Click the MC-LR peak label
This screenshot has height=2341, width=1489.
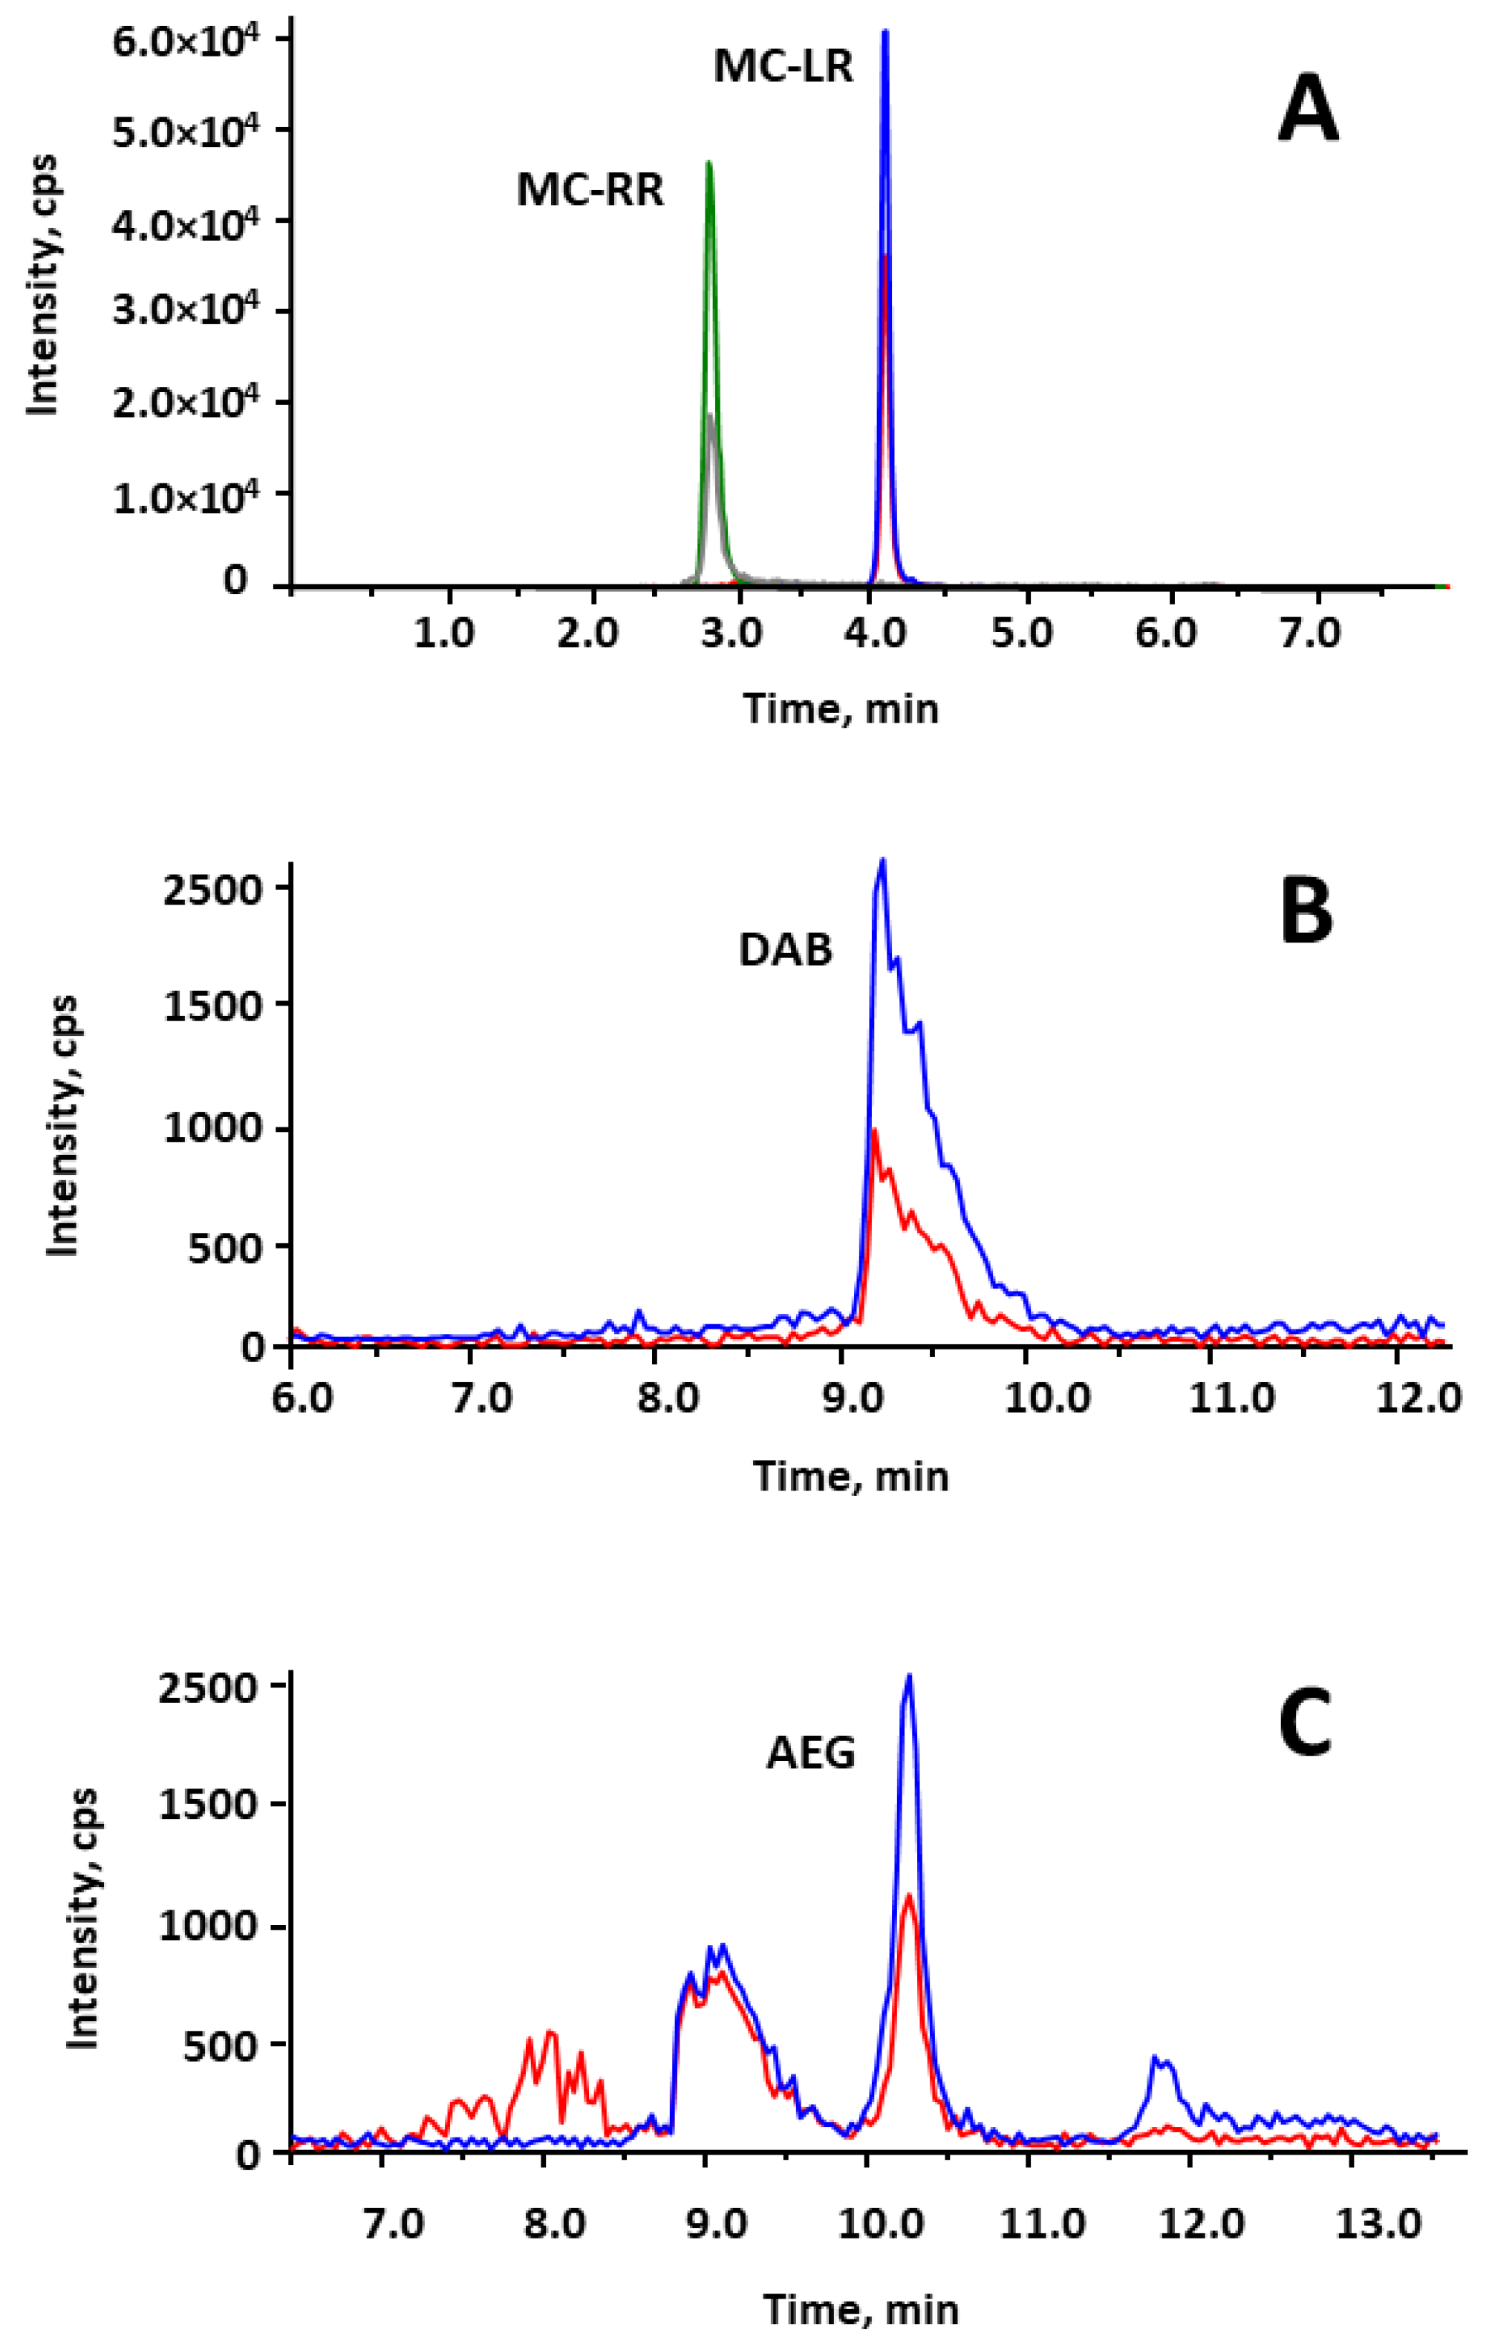click(783, 67)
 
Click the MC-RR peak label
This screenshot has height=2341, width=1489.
click(590, 189)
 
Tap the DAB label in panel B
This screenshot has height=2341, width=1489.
click(785, 950)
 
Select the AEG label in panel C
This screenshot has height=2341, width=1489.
click(810, 1753)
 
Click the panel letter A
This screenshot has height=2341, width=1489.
click(1307, 113)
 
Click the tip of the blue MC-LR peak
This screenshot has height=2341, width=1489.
click(884, 32)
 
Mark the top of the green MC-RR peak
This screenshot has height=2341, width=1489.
click(708, 163)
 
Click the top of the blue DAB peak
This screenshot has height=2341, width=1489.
click(882, 860)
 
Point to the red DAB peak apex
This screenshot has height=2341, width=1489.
click(875, 1130)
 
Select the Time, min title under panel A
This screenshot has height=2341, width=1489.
click(841, 709)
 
